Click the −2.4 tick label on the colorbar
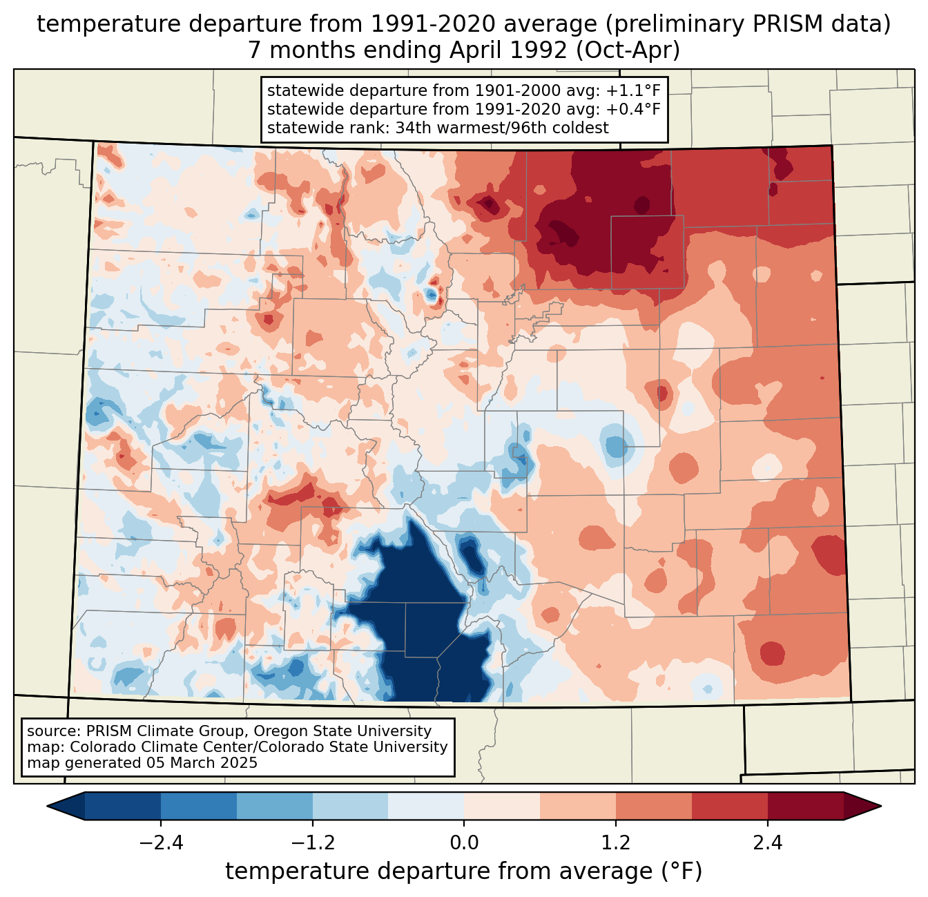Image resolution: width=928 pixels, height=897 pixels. [x=161, y=843]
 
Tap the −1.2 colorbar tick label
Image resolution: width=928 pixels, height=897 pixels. [x=313, y=843]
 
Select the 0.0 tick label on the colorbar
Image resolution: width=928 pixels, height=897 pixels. [x=464, y=843]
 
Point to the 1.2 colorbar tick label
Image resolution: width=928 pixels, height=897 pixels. [x=616, y=843]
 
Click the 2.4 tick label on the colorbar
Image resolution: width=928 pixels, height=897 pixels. [x=767, y=843]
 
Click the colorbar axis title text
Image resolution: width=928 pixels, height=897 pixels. [x=464, y=871]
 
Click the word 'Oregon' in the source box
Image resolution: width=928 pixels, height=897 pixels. [x=281, y=731]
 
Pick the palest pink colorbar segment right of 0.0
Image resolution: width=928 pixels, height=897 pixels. [x=502, y=806]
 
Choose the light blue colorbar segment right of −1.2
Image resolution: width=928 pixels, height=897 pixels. [x=350, y=806]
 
